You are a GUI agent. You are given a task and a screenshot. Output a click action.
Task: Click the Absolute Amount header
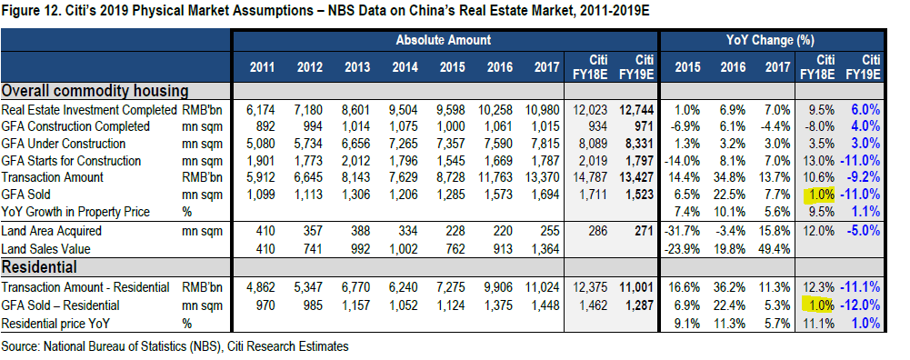[x=444, y=40]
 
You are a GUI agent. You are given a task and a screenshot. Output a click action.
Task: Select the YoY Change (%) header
[x=770, y=40]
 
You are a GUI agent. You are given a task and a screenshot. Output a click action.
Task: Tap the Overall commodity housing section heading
[x=95, y=91]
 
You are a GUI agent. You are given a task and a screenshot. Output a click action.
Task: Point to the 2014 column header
[x=405, y=66]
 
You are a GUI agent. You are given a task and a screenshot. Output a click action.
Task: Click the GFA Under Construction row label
[x=64, y=144]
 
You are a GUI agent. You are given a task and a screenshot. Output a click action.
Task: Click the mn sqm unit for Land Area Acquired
[x=202, y=231]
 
